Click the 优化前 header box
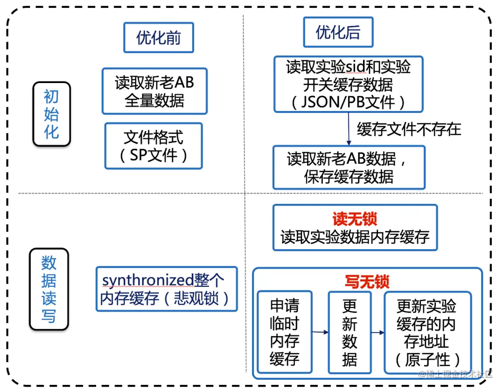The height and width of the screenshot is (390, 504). (x=158, y=38)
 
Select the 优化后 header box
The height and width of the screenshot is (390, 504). (x=338, y=32)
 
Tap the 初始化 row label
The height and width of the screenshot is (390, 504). (x=51, y=114)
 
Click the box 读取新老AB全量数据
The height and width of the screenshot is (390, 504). (x=154, y=91)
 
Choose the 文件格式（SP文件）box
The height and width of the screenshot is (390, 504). (x=154, y=146)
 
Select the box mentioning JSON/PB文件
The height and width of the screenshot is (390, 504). (x=348, y=84)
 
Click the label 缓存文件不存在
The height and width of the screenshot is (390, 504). (x=409, y=129)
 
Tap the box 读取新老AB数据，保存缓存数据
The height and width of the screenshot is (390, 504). (x=349, y=167)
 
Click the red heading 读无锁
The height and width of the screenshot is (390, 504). (x=355, y=219)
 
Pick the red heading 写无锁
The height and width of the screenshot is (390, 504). (x=367, y=281)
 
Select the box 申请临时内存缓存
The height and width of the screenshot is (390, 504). (x=284, y=332)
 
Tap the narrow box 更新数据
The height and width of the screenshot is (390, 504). (x=350, y=332)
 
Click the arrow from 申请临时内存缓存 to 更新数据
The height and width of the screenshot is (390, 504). (x=320, y=332)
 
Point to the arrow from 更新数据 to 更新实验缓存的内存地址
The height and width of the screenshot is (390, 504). (x=378, y=332)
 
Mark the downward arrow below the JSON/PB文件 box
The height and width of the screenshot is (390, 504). (x=348, y=129)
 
